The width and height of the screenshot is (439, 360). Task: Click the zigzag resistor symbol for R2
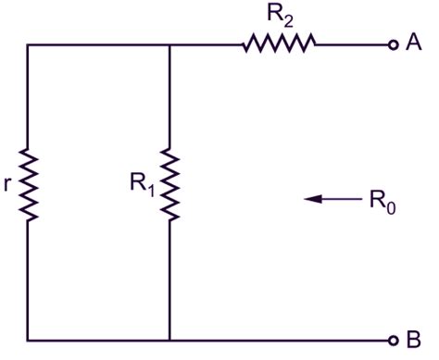(279, 43)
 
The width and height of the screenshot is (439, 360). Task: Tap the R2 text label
(278, 13)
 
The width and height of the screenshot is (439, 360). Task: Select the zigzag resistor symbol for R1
(170, 184)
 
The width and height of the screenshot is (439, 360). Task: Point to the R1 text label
(142, 183)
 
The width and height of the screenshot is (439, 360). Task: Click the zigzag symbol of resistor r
(28, 186)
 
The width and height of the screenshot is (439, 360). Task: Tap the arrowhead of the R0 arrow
(312, 197)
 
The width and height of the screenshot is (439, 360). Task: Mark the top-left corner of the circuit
(28, 43)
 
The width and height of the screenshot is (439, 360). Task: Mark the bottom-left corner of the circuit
(28, 339)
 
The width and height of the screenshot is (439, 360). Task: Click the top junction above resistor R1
(170, 43)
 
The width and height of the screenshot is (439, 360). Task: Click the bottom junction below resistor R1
(170, 339)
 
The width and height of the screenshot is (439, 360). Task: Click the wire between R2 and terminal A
(352, 43)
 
